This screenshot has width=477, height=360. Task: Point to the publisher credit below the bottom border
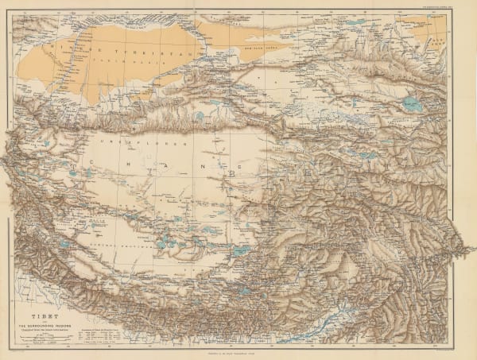tap(238, 353)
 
